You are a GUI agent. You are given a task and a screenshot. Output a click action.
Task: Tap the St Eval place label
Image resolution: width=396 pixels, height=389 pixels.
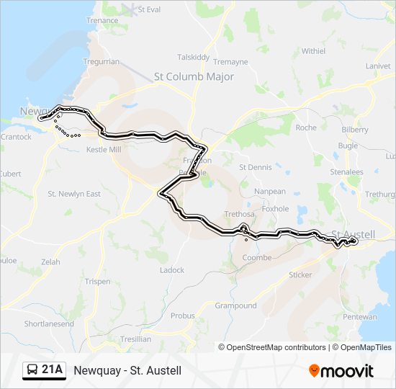point(149,10)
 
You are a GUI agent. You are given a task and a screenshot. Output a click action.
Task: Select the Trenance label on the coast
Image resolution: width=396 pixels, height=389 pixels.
point(102,21)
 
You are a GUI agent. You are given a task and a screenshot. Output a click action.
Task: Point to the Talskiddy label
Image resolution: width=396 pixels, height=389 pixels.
point(193,57)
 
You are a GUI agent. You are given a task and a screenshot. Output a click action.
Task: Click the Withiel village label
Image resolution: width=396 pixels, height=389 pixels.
point(313,51)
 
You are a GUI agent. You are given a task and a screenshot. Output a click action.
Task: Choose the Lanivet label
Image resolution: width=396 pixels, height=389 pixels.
point(377,66)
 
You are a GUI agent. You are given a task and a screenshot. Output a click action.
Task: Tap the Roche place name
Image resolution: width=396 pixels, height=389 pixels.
point(306,128)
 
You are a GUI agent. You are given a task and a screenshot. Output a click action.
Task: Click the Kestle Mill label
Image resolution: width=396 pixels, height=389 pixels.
point(104,149)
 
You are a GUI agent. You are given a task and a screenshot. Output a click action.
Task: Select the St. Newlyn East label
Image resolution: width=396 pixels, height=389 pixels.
point(74,194)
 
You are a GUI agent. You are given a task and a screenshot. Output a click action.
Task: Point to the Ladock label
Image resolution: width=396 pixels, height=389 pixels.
point(171,270)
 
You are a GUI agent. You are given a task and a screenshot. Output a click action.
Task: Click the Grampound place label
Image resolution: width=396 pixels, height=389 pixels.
point(235,305)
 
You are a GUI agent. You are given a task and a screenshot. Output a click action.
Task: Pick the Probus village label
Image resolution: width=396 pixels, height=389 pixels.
point(182,316)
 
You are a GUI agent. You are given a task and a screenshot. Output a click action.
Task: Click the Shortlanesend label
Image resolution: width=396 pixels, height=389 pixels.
point(49,324)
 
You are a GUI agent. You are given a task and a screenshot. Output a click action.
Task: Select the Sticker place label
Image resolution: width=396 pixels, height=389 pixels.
point(300,274)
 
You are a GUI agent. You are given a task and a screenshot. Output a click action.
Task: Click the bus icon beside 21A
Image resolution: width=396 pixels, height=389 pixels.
point(33,370)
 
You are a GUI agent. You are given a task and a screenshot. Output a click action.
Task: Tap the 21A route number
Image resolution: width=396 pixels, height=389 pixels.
point(52,370)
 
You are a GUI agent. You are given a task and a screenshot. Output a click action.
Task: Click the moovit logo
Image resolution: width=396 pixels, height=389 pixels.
point(341,371)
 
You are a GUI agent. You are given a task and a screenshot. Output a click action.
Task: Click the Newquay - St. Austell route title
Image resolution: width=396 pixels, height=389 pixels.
point(127,370)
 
